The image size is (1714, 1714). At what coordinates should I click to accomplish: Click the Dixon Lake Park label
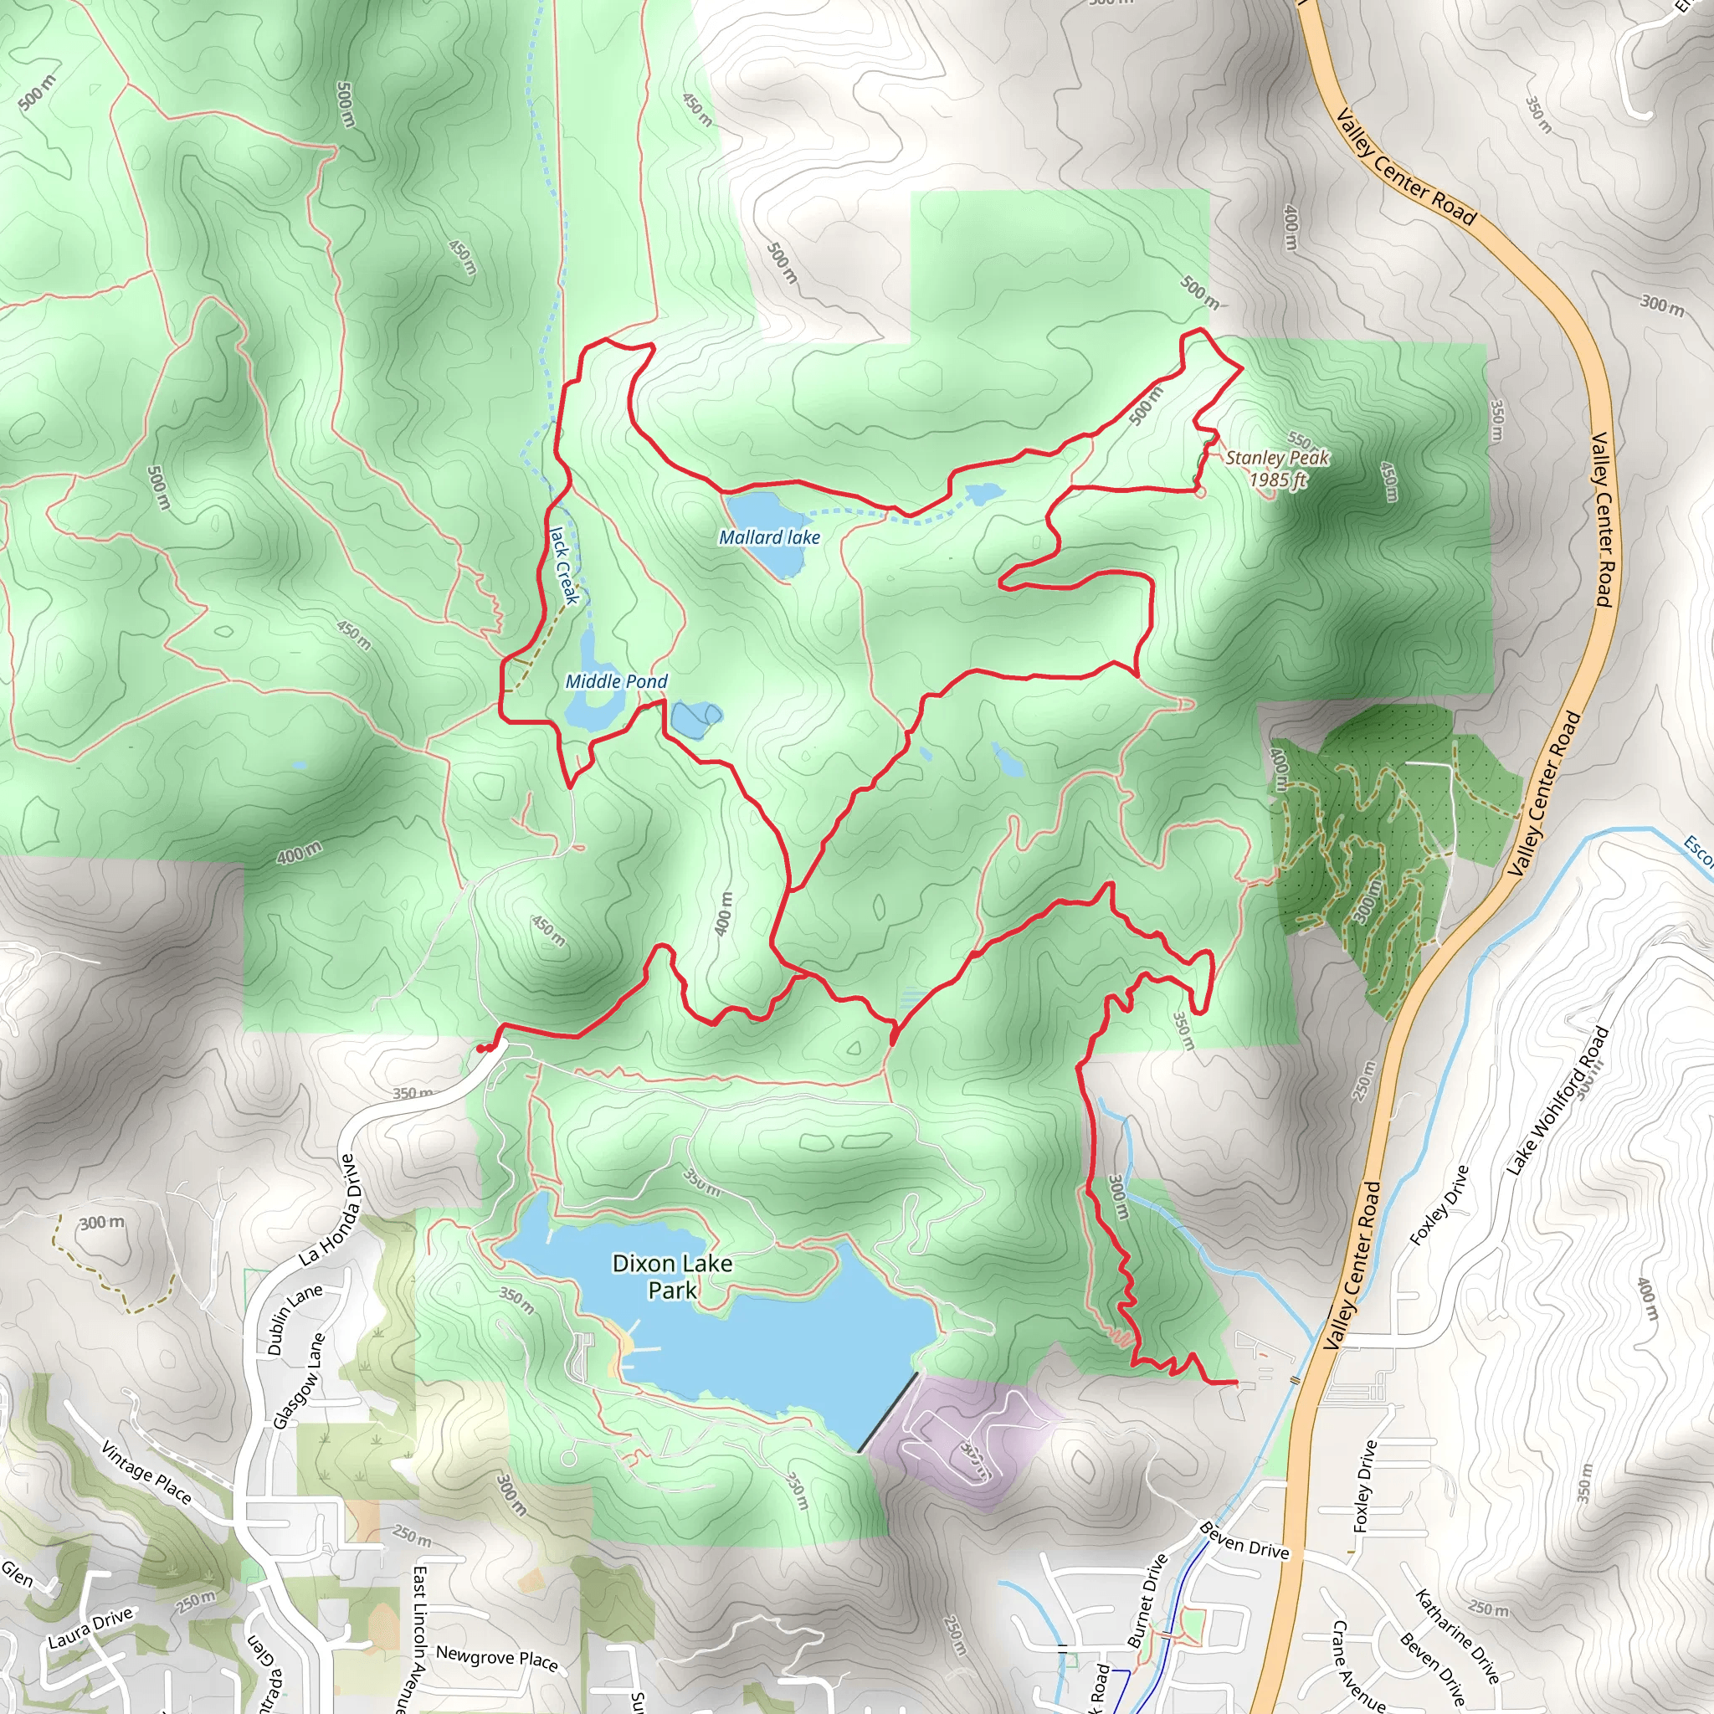(x=673, y=1275)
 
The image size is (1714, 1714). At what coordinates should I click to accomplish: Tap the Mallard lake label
(x=769, y=536)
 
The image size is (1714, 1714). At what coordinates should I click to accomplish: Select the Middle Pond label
(x=616, y=681)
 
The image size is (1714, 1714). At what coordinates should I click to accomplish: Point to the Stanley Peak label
(x=1276, y=458)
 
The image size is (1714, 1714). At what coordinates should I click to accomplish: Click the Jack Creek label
(x=564, y=565)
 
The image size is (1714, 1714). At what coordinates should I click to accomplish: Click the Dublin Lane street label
(x=295, y=1320)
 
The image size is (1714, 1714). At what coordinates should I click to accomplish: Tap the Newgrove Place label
(x=496, y=1658)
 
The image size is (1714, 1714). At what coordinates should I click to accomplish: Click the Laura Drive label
(x=90, y=1628)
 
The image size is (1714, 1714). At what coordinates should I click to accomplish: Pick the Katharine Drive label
(x=1456, y=1636)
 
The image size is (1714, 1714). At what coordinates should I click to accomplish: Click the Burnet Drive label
(x=1147, y=1601)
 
